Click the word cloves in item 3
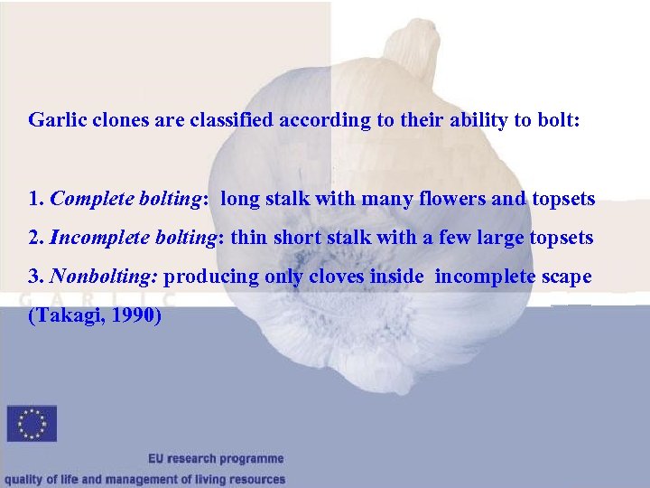(x=338, y=277)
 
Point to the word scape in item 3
(x=567, y=277)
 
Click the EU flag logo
(x=32, y=424)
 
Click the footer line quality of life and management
(x=144, y=480)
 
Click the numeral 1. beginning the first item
(x=35, y=199)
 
